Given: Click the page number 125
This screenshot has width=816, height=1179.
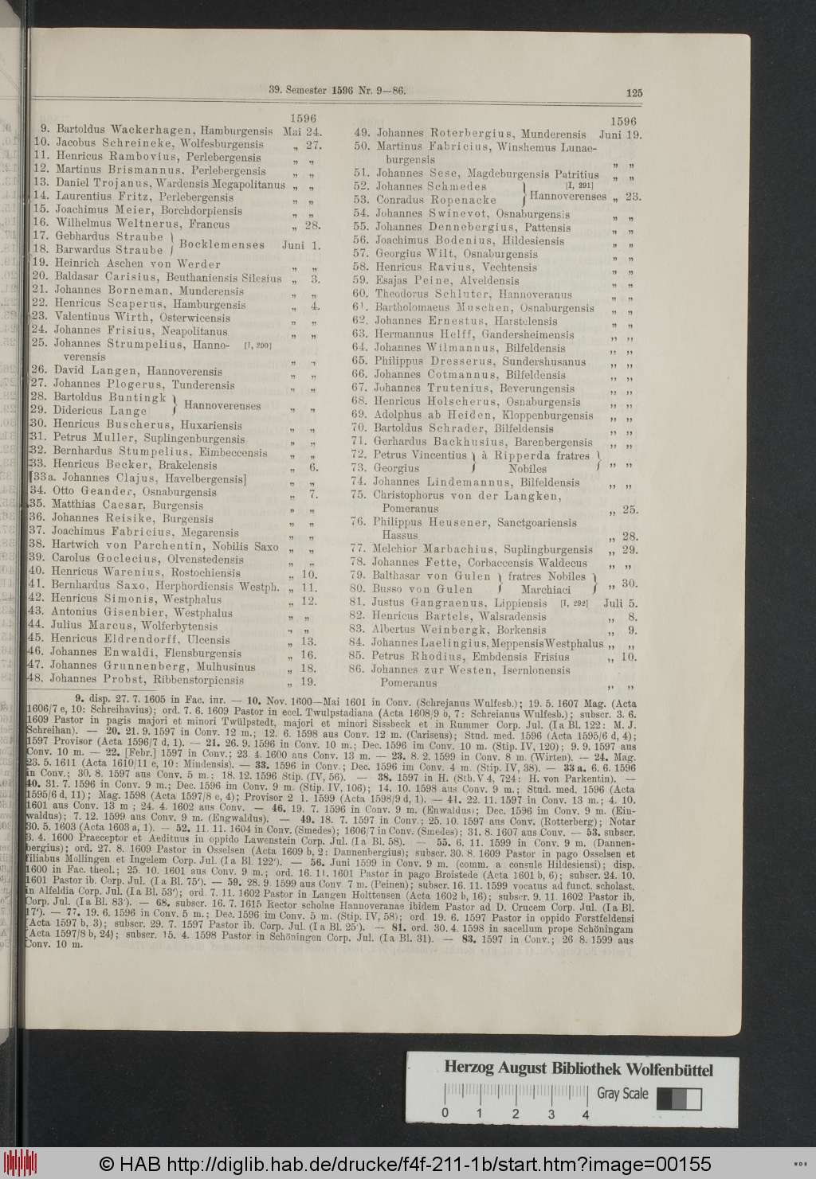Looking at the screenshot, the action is (634, 92).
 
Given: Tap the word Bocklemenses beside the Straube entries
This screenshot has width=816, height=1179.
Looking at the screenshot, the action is (221, 244).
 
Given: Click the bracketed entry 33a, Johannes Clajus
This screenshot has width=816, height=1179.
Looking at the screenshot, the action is (137, 478).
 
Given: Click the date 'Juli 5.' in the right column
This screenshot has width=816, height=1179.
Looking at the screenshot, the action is (622, 603).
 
